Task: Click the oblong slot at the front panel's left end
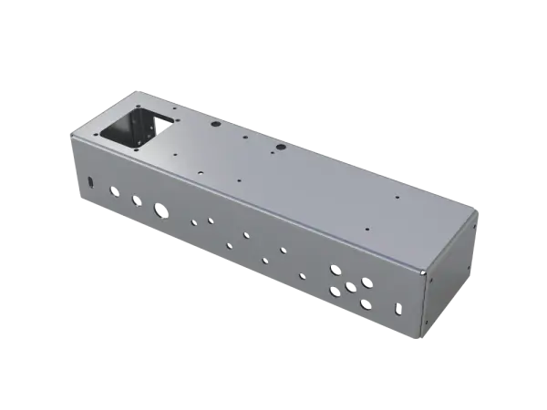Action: point(89,182)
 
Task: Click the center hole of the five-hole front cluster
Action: point(350,288)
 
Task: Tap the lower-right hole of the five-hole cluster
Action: point(366,303)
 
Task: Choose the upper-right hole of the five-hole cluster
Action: point(366,282)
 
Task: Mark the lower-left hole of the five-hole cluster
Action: point(335,292)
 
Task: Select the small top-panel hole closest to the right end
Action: point(398,197)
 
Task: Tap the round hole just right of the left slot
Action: point(113,191)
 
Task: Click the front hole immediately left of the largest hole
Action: point(136,200)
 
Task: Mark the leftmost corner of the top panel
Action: point(69,135)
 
